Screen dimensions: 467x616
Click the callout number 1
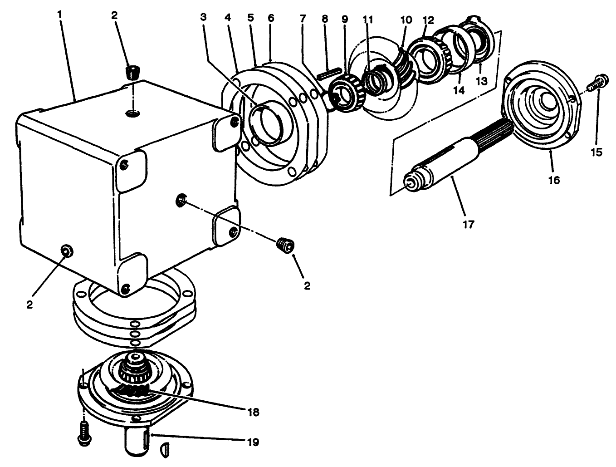(x=60, y=14)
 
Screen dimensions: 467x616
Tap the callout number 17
(x=468, y=224)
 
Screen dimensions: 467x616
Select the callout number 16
(x=554, y=180)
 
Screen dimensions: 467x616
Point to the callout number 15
(x=597, y=152)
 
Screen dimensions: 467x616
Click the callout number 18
(x=253, y=412)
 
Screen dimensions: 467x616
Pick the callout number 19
(x=253, y=441)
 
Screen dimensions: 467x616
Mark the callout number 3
(x=203, y=17)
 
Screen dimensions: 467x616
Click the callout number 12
(x=428, y=20)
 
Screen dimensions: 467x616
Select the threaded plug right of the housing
(x=285, y=246)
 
